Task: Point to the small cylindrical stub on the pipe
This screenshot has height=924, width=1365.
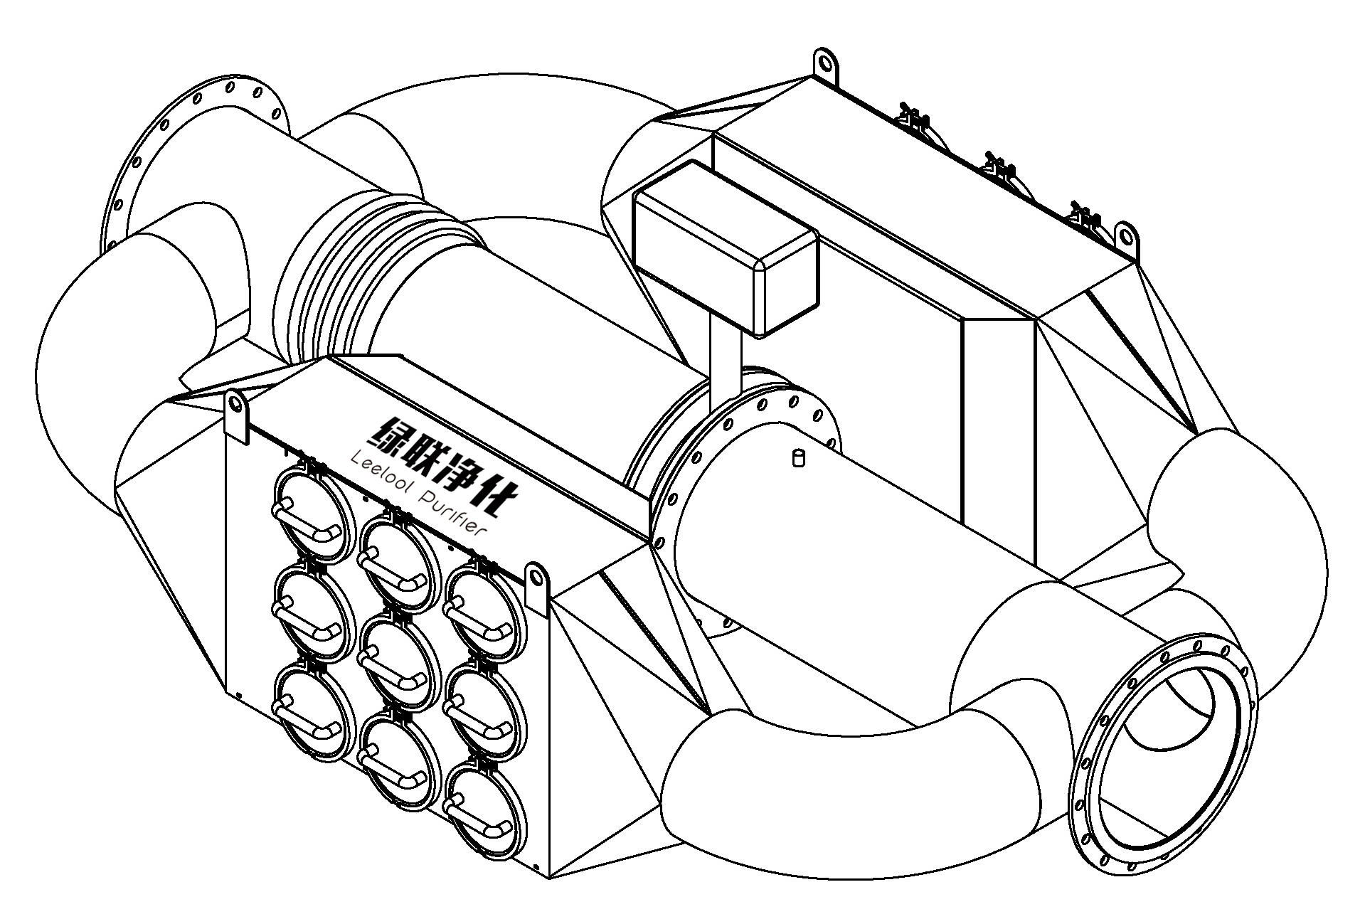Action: tap(797, 457)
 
